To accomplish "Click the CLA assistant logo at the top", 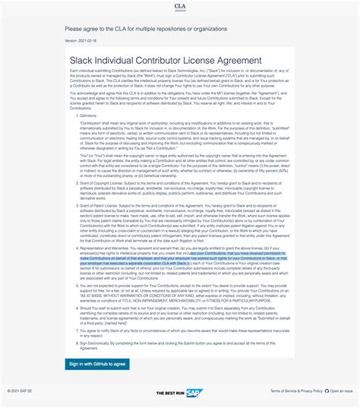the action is click(x=179, y=7).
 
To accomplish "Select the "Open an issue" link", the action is click(x=342, y=391).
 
